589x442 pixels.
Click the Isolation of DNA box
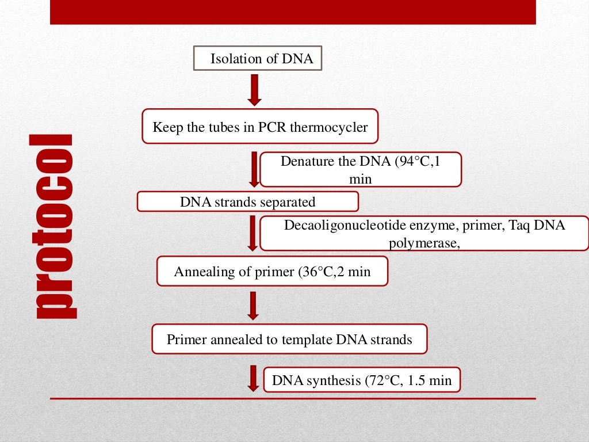tap(257, 59)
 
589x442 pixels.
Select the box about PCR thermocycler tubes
tap(260, 127)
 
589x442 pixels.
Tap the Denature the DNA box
tap(361, 170)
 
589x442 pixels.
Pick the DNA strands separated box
tap(248, 202)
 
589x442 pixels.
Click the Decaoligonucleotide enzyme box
tap(424, 233)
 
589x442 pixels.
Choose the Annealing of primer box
tap(272, 271)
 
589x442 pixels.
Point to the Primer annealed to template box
tap(289, 339)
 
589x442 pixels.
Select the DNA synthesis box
tap(362, 380)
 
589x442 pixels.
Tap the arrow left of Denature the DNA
tap(253, 169)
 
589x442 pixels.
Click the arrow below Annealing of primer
tap(253, 306)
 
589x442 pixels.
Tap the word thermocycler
tap(328, 127)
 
